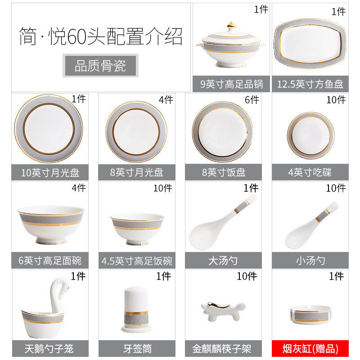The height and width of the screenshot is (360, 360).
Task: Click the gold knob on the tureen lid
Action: pyautogui.click(x=231, y=24)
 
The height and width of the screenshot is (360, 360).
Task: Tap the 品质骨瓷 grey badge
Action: pyautogui.click(x=100, y=66)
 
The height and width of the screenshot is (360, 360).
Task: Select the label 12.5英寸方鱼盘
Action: pyautogui.click(x=310, y=84)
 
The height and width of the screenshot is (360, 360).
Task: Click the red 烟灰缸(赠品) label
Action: pyautogui.click(x=310, y=348)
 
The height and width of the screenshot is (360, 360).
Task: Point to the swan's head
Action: pyautogui.click(x=62, y=283)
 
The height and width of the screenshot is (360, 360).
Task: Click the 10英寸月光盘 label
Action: pyautogui.click(x=49, y=172)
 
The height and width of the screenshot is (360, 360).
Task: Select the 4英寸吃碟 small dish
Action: pyautogui.click(x=310, y=133)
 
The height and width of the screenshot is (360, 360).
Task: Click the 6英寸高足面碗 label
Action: pyautogui.click(x=50, y=261)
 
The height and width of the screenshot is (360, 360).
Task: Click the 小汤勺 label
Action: pyautogui.click(x=310, y=261)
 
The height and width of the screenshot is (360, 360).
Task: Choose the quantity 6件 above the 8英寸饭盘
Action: pyautogui.click(x=252, y=99)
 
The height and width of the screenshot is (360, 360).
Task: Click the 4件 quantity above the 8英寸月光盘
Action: pyautogui.click(x=165, y=99)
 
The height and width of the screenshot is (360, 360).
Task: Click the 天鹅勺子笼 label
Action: pyautogui.click(x=49, y=348)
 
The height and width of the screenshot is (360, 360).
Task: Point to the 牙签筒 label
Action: pyautogui.click(x=136, y=348)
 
